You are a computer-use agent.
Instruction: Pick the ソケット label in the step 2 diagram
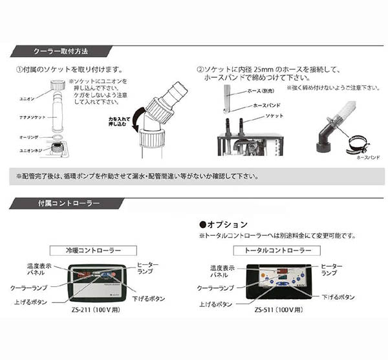click(x=263, y=114)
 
